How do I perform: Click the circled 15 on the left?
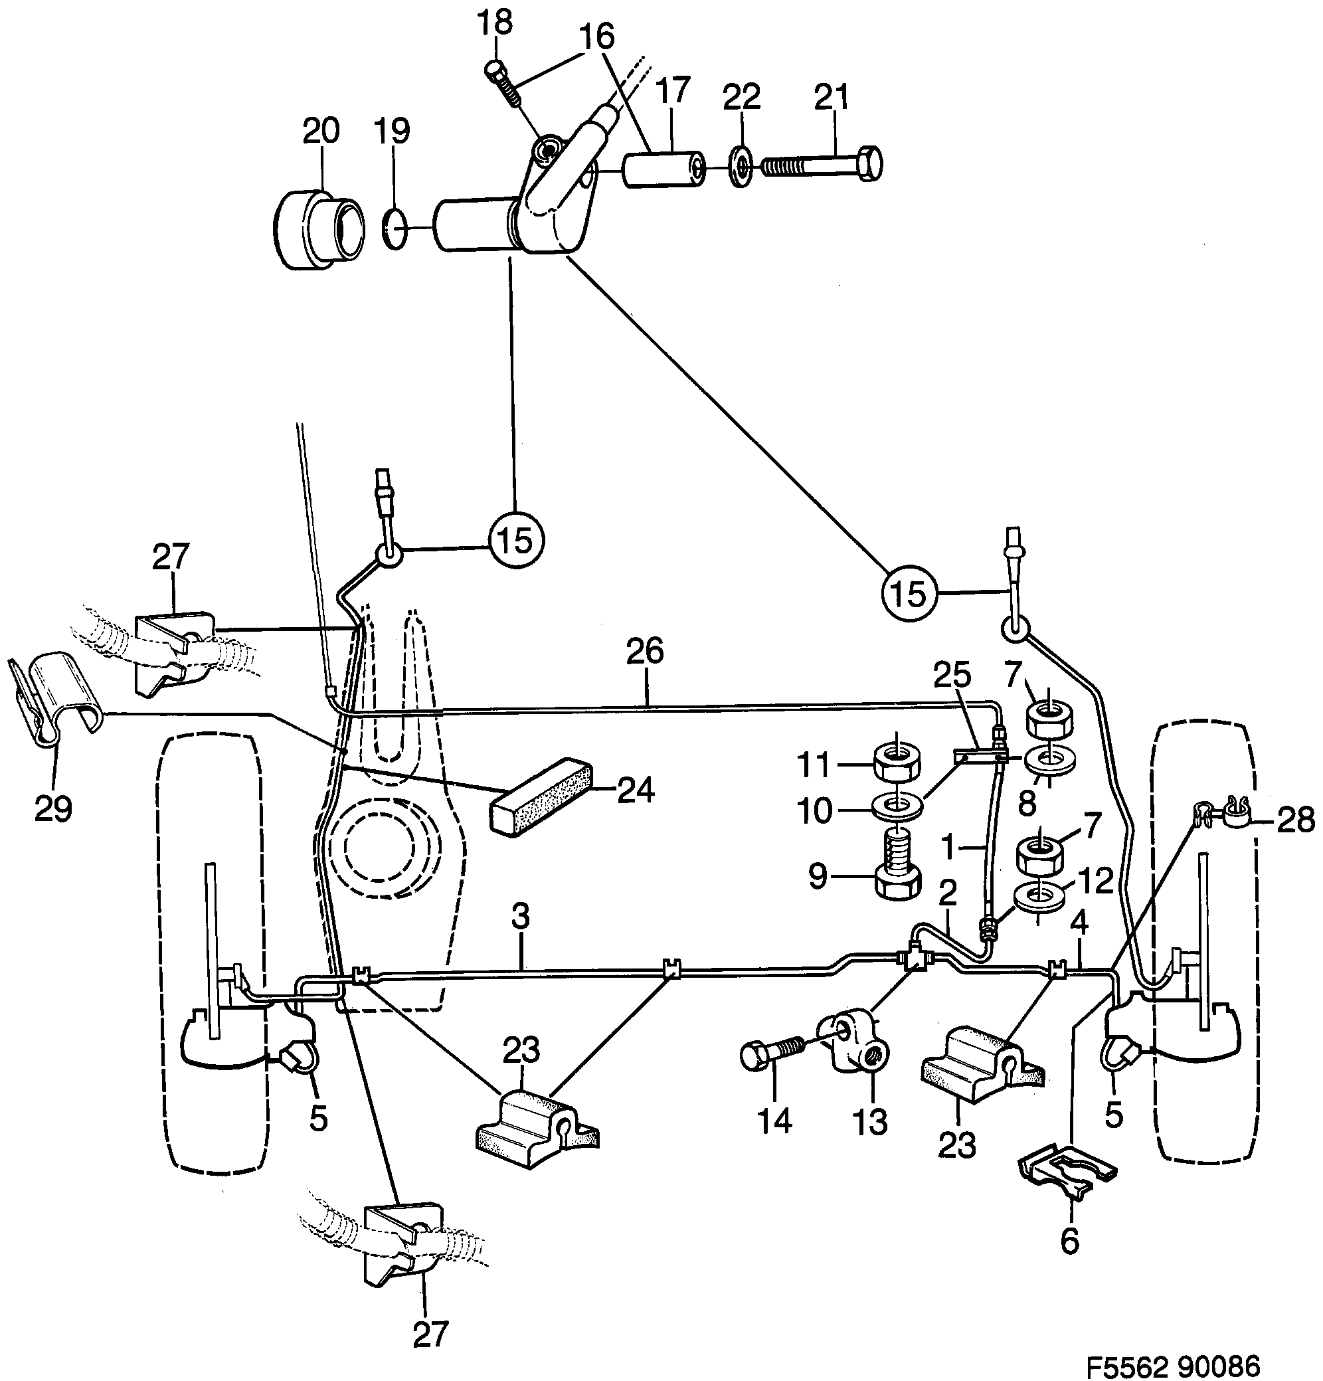tap(516, 541)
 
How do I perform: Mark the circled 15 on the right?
tap(909, 594)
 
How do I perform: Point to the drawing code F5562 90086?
tap(1172, 1366)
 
